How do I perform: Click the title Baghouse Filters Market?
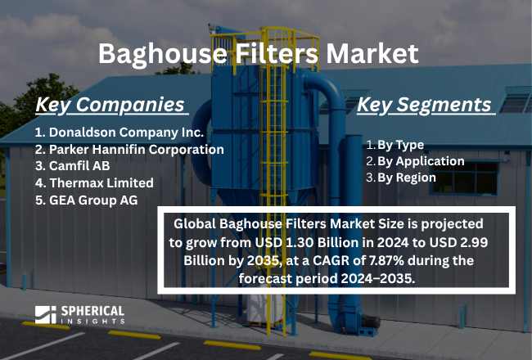coord(259,54)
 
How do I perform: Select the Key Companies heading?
coord(110,105)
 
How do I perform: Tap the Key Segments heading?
coord(426,105)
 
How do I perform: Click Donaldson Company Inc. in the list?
coord(119,132)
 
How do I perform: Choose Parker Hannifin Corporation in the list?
coord(129,149)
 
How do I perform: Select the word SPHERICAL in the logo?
coord(91,312)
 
